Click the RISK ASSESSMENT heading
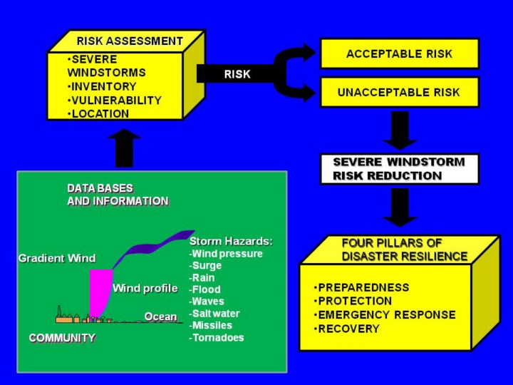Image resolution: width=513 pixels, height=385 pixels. [x=130, y=41]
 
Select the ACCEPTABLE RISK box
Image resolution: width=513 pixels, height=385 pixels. [x=399, y=53]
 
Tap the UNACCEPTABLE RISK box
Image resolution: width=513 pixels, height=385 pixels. [x=399, y=92]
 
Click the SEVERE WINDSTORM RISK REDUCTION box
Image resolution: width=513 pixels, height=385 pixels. [x=399, y=169]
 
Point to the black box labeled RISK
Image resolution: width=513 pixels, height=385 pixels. [x=237, y=73]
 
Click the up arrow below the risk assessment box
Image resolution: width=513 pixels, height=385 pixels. [x=125, y=148]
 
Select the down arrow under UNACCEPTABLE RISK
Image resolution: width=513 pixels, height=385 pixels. [x=400, y=129]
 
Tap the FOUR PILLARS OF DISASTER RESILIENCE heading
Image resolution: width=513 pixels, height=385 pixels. [x=404, y=250]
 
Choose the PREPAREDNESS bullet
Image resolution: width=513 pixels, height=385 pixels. [x=363, y=287]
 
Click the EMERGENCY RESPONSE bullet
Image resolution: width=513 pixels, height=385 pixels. [x=385, y=315]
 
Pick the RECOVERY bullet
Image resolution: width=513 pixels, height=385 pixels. [x=348, y=329]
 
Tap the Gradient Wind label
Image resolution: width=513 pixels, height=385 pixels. [x=57, y=258]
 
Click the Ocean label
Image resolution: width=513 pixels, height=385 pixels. [x=160, y=317]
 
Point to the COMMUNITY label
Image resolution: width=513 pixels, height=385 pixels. [x=62, y=338]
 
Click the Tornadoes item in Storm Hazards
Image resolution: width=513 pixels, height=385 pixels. [x=217, y=337]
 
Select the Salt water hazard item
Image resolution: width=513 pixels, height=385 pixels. [x=215, y=314]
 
